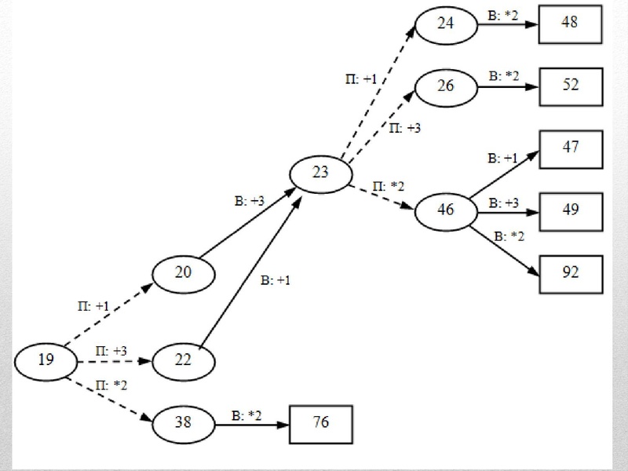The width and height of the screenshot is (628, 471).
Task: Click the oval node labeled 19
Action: click(x=46, y=361)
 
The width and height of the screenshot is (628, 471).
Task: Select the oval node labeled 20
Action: click(x=183, y=273)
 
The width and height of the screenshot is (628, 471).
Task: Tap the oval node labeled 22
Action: click(x=183, y=361)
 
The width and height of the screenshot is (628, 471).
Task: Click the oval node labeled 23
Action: click(x=321, y=173)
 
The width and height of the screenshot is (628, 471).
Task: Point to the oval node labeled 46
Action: click(x=445, y=210)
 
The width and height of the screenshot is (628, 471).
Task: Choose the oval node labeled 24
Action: click(x=446, y=24)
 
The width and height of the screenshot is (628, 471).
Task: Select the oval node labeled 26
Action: click(x=445, y=86)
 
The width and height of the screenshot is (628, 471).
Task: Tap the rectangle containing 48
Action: click(x=570, y=24)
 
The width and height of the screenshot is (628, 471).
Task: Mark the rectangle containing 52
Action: click(x=570, y=86)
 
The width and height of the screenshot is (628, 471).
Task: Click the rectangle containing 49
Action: click(x=570, y=210)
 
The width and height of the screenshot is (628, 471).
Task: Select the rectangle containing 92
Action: click(x=570, y=272)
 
